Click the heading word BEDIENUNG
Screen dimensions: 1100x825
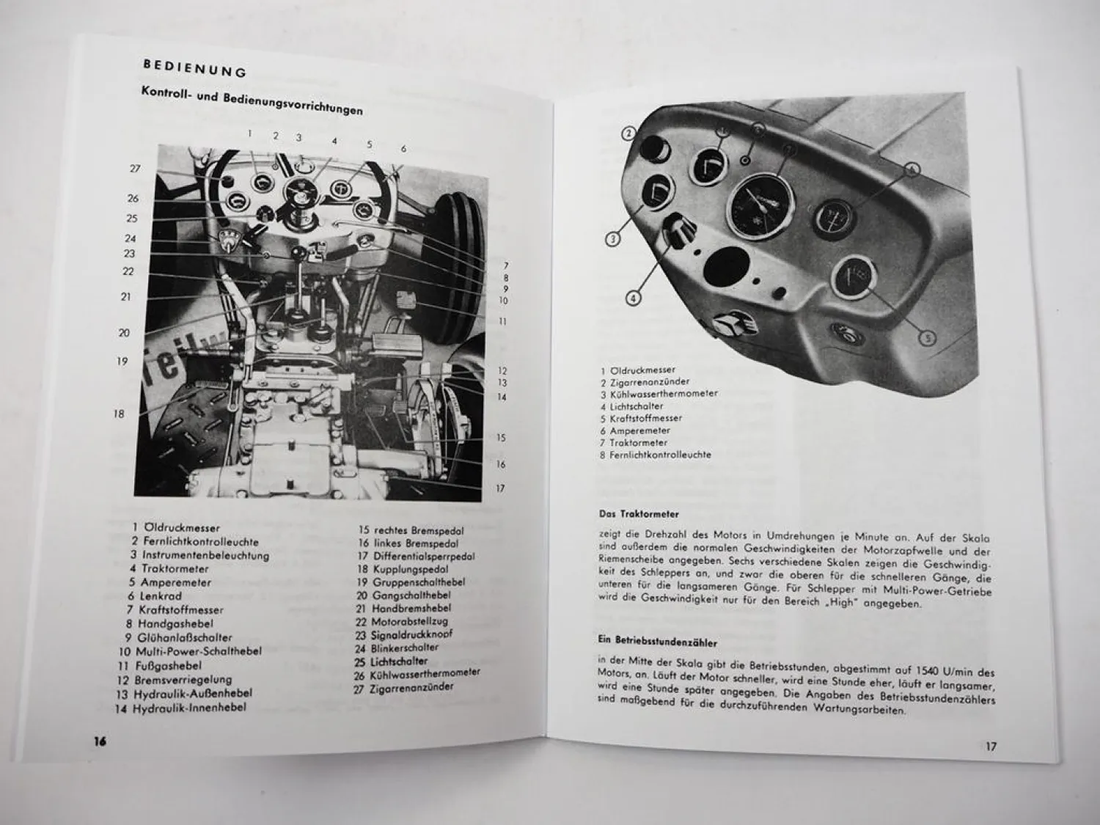click(x=195, y=68)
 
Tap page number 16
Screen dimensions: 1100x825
click(x=100, y=741)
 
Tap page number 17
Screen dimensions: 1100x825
click(x=991, y=747)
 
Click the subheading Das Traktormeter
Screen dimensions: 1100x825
click(x=639, y=514)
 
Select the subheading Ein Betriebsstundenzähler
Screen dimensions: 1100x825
click(x=658, y=641)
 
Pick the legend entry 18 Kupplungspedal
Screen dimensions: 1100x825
click(x=403, y=569)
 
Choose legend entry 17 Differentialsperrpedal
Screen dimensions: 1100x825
click(x=416, y=556)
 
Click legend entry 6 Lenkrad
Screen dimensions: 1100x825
click(x=155, y=596)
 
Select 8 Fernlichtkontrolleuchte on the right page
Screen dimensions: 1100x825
click(x=655, y=455)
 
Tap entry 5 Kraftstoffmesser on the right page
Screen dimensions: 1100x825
click(x=641, y=418)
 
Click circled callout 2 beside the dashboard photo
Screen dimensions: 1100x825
click(x=629, y=133)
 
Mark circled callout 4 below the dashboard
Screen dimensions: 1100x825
click(x=633, y=299)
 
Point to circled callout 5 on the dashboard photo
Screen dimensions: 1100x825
click(x=928, y=339)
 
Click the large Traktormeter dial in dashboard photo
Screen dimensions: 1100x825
click(x=760, y=207)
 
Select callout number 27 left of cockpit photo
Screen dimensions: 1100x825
click(x=135, y=169)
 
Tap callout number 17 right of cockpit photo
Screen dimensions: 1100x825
click(x=499, y=488)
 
